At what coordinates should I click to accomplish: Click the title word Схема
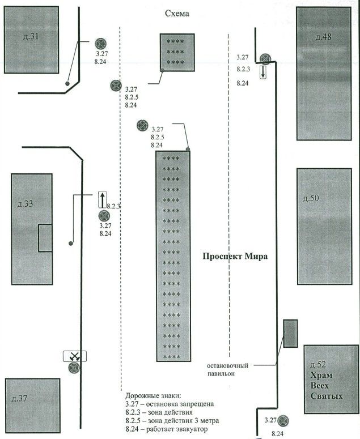177,14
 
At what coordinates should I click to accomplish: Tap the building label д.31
31,36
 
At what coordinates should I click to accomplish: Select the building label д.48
323,37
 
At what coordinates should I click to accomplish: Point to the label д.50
311,198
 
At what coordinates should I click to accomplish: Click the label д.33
25,203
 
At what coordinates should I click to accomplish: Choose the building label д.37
20,398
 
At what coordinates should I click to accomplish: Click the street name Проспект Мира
235,257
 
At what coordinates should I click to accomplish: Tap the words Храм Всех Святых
327,386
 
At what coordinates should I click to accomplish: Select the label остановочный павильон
228,369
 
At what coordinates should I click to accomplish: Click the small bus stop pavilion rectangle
290,334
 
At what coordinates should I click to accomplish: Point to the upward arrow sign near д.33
102,199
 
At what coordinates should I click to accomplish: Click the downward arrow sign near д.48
263,73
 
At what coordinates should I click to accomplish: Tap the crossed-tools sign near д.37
74,356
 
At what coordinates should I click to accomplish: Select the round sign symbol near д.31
101,44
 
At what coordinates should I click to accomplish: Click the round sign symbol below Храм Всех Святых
283,420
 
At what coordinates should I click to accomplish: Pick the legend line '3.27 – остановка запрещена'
170,404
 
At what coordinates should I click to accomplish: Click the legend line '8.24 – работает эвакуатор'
167,429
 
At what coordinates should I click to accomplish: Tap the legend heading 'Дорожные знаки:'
153,396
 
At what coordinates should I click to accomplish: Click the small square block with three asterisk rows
177,53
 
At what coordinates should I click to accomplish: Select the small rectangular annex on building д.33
45,238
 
